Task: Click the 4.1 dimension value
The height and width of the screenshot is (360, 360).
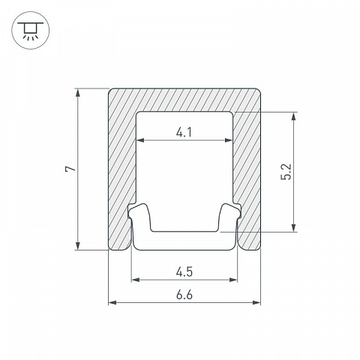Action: (184, 132)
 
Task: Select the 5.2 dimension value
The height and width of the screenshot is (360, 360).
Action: (286, 172)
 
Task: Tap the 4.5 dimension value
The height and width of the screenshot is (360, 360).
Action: (184, 272)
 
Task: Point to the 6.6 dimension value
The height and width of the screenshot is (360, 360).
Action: (184, 295)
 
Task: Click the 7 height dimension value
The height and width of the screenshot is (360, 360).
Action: (70, 169)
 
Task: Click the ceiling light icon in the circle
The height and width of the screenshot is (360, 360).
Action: (31, 30)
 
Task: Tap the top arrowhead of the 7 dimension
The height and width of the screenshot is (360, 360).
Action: (78, 93)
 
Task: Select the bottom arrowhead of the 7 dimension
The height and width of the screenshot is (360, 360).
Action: (78, 245)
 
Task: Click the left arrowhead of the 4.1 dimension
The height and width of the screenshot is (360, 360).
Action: (140, 140)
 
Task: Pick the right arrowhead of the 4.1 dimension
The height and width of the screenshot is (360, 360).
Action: (229, 140)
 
